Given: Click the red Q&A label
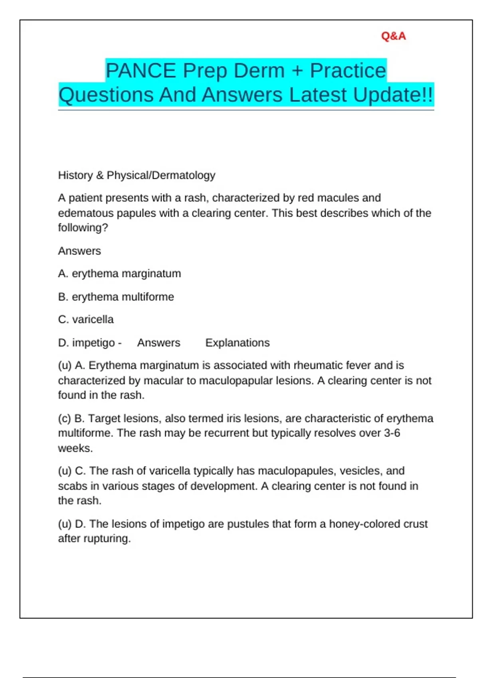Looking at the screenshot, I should (393, 36).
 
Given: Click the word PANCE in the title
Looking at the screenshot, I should (141, 71).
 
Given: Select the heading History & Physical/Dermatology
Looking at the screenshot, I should (137, 175).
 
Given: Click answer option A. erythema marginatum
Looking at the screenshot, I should (119, 274).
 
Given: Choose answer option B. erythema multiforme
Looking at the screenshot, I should (116, 297).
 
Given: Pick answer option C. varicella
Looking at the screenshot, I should (86, 319).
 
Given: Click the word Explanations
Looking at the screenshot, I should (238, 343).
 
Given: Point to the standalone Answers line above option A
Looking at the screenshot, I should (79, 251).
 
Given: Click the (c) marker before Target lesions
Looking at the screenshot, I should (65, 418).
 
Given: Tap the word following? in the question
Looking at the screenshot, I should (83, 228).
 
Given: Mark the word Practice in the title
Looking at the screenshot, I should (348, 71).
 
